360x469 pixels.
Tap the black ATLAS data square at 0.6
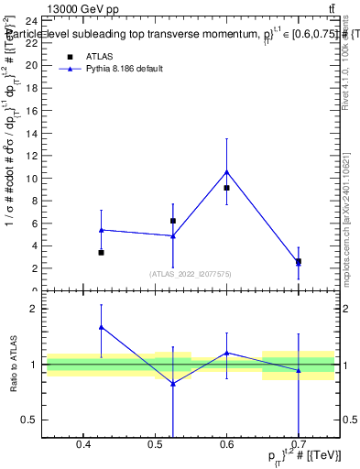226,188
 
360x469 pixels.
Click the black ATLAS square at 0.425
101,253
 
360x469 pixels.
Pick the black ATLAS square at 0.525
172,221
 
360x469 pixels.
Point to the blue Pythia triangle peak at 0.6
226,171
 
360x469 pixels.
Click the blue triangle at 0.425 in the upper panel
101,230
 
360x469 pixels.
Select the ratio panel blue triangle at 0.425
101,327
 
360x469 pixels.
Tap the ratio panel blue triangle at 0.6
226,353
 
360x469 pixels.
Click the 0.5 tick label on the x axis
155,446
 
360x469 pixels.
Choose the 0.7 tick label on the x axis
299,446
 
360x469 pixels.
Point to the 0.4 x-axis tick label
83,446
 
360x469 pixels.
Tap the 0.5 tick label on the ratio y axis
28,420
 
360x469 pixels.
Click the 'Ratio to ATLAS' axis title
13,365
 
